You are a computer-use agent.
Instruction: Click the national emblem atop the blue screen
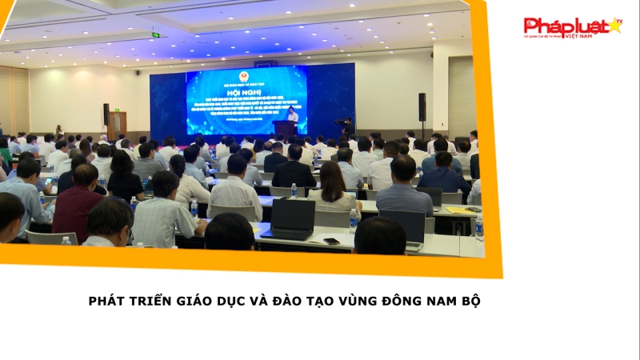[246, 73]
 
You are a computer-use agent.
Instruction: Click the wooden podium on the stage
[284, 130]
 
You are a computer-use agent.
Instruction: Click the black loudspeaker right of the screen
[422, 106]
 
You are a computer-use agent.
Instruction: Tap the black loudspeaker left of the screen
[106, 114]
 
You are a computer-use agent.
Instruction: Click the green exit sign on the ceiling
[156, 34]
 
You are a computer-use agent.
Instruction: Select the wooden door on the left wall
[117, 125]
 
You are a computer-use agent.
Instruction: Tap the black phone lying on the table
[331, 241]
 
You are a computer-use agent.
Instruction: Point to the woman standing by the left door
[58, 131]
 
